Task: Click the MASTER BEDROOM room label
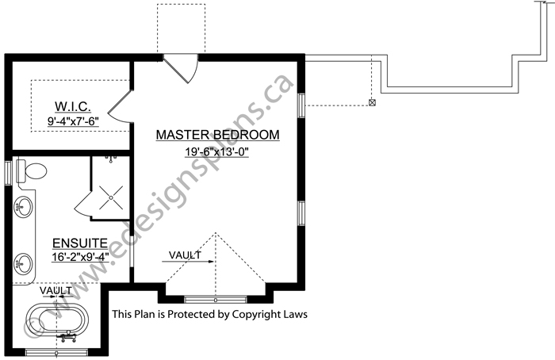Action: (x=218, y=135)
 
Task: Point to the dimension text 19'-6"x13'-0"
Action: (x=216, y=152)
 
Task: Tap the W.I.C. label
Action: (x=73, y=105)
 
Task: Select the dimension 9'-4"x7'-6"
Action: (x=73, y=121)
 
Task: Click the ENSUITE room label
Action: (x=80, y=243)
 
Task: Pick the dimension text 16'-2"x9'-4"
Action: (x=80, y=257)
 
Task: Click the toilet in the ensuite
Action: (x=32, y=171)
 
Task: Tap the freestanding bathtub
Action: (x=58, y=321)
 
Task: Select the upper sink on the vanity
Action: (x=24, y=207)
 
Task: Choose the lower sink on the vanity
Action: (x=24, y=264)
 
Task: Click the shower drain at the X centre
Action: (x=111, y=197)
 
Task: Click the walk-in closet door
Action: (x=121, y=106)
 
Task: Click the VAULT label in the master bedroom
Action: (x=185, y=255)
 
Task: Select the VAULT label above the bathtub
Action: (x=55, y=291)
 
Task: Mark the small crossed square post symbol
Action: (x=372, y=102)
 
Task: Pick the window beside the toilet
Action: (x=8, y=172)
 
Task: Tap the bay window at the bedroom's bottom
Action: (x=216, y=300)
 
